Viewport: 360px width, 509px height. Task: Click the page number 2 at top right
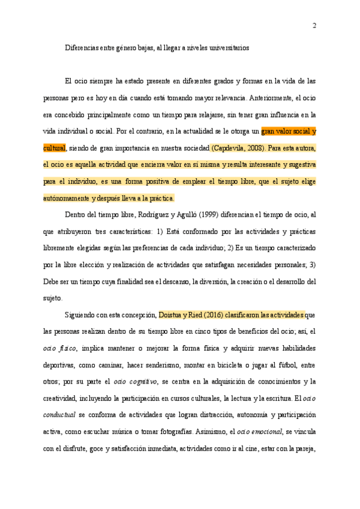pyautogui.click(x=314, y=25)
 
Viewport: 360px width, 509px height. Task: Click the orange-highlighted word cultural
pyautogui.click(x=54, y=148)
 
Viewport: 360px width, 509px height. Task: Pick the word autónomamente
pyautogui.click(x=65, y=198)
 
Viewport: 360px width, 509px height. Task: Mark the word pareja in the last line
pyautogui.click(x=304, y=448)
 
